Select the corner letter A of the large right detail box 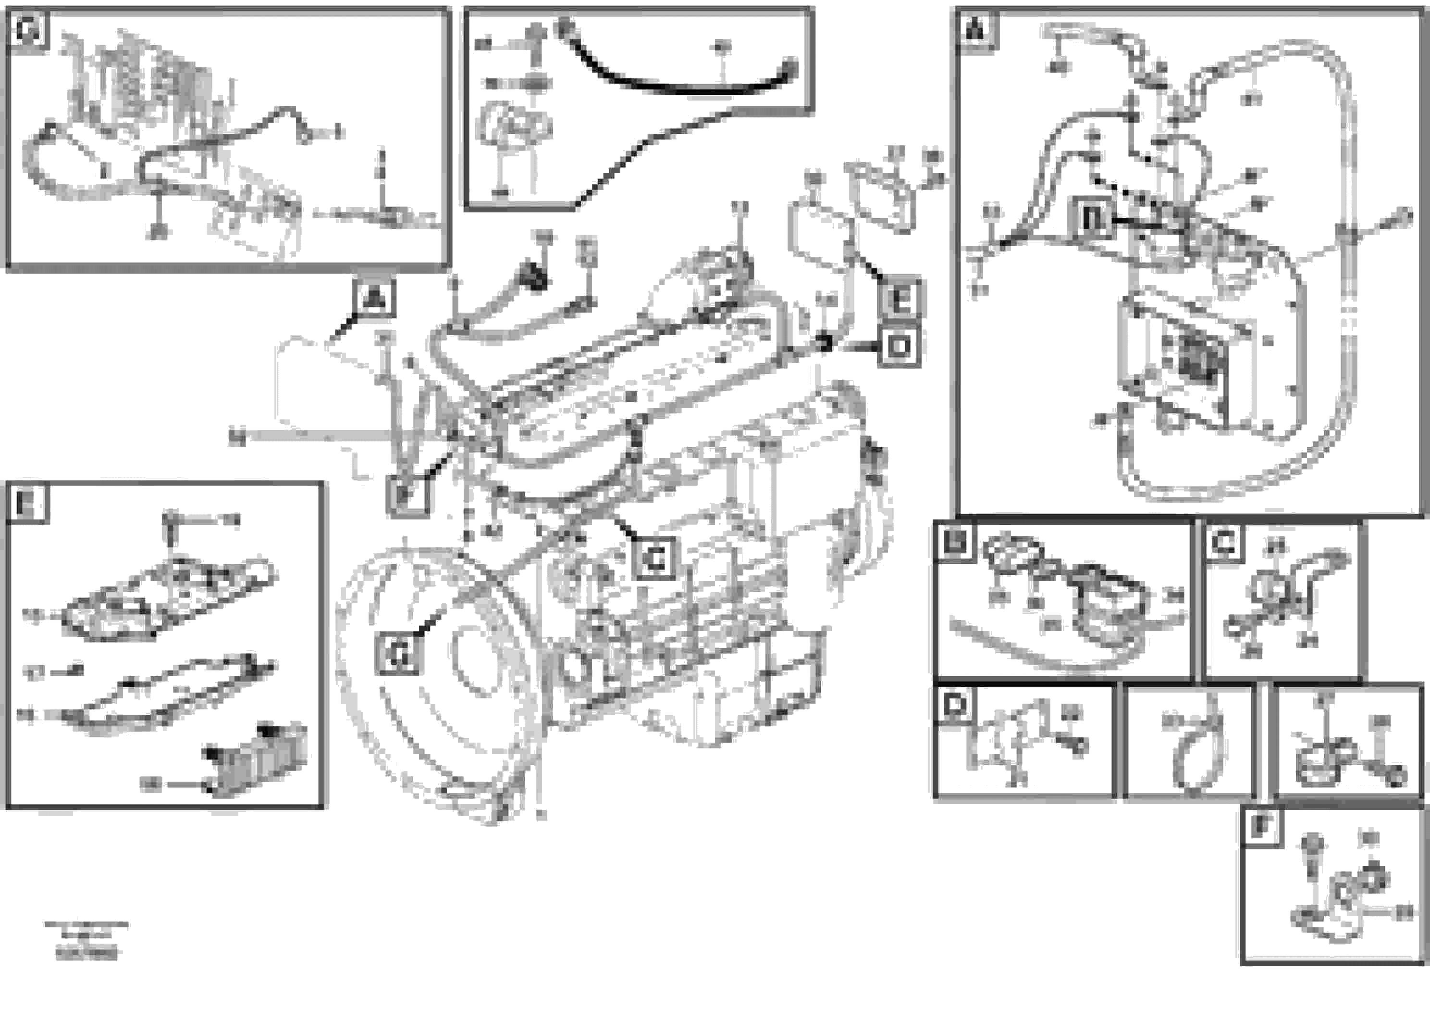coord(976,30)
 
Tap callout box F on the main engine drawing coord(407,495)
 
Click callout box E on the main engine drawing coord(900,299)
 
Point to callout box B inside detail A coord(1091,219)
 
